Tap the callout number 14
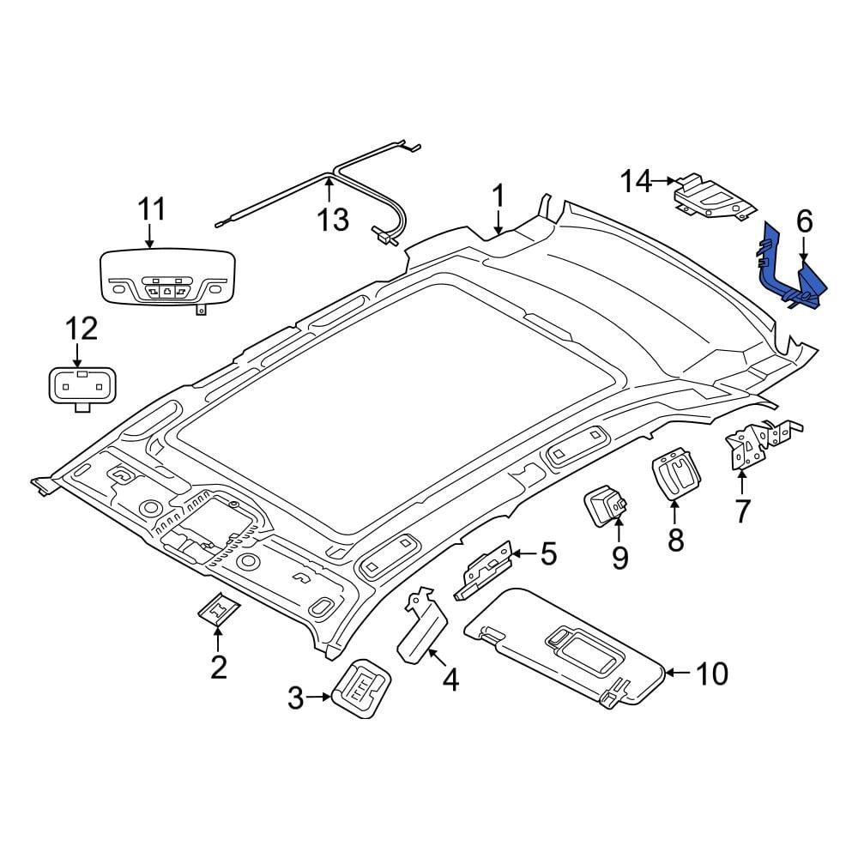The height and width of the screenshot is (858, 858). (x=636, y=181)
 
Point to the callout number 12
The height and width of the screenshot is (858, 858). (x=82, y=329)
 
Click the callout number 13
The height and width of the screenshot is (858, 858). (x=333, y=220)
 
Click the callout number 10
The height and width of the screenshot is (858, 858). (x=712, y=674)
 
